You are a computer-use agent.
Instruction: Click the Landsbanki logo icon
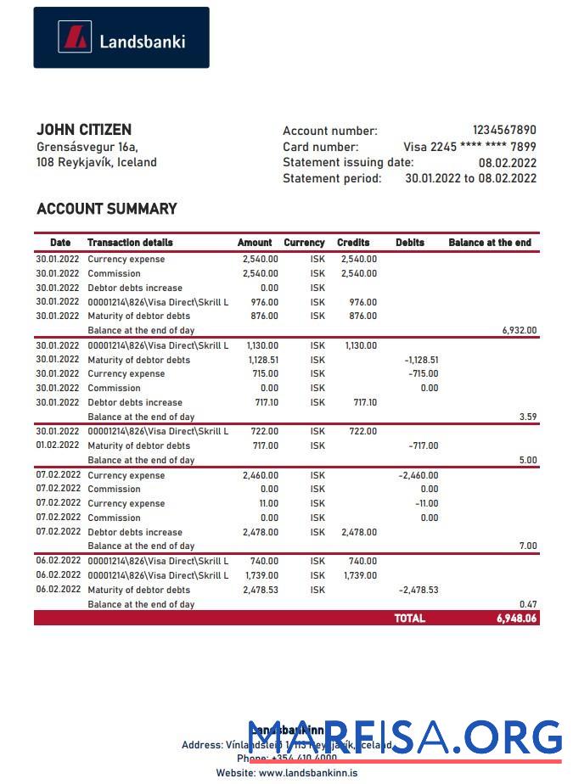coord(74,37)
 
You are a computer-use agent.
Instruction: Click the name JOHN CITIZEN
coord(84,130)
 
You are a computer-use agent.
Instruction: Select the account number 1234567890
coord(504,130)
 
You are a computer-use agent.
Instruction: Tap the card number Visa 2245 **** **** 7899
coord(469,146)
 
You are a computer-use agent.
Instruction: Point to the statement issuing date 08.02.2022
coord(507,162)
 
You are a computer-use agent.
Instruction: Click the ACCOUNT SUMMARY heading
coord(107,209)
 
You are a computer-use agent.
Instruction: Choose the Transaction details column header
coord(130,243)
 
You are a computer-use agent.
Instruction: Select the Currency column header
coord(304,243)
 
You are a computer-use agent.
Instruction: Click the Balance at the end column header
coord(490,243)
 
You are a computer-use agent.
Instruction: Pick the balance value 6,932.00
coord(520,331)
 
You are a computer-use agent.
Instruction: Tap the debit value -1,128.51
coord(421,360)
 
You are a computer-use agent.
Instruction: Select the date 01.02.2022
coord(58,445)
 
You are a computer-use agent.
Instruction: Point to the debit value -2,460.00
coord(419,475)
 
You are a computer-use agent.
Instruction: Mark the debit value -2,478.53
coord(419,590)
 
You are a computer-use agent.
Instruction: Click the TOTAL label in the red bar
coord(409,619)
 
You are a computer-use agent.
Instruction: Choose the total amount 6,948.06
coord(516,619)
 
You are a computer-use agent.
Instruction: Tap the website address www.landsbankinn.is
coord(307,773)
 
